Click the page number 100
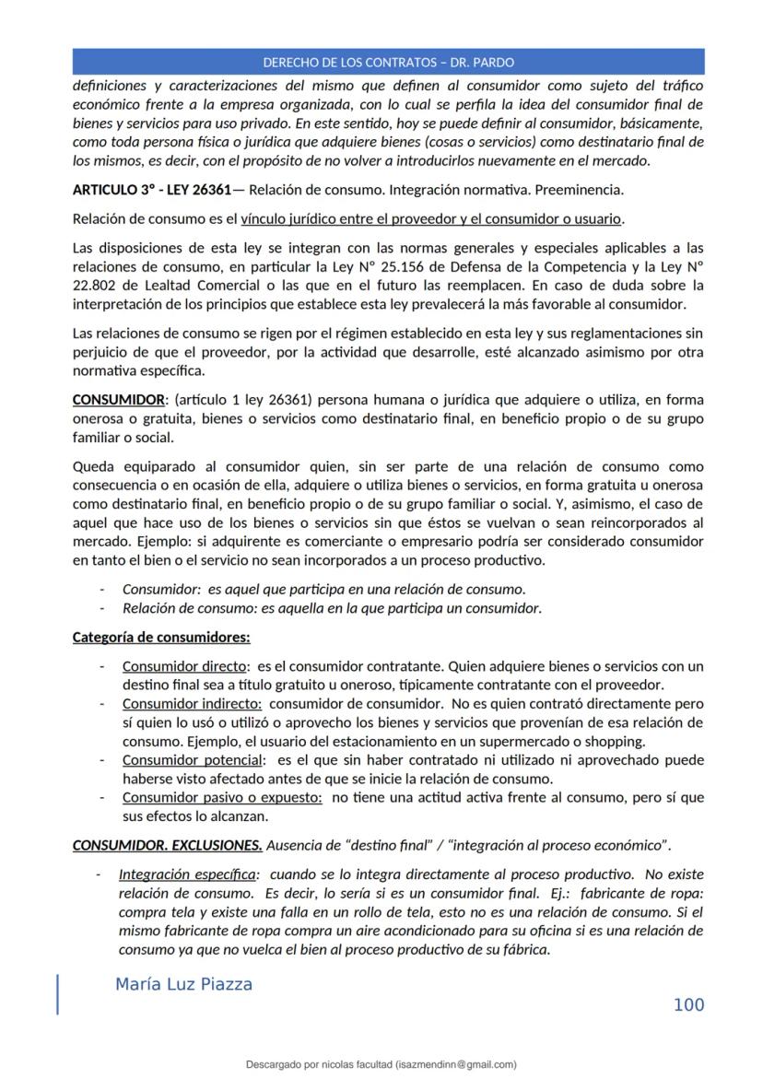coord(688,1004)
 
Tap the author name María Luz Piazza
coord(183,984)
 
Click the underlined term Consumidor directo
coord(185,666)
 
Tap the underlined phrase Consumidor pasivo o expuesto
coord(222,797)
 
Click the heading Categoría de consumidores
coord(161,638)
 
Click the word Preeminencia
coord(581,191)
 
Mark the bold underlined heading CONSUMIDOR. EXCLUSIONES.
coord(167,845)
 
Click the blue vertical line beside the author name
coord(58,994)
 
